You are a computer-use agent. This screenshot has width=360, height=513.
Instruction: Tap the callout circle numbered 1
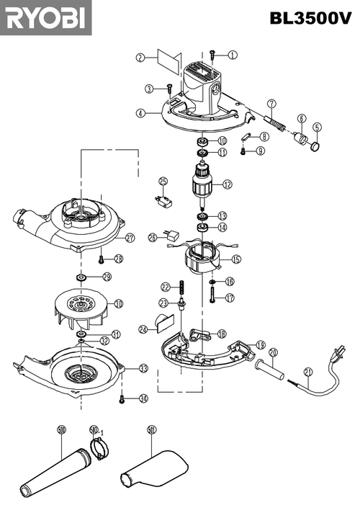pos(233,55)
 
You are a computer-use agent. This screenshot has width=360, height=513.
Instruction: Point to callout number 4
pos(141,113)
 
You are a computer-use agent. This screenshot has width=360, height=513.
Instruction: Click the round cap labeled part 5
pos(315,147)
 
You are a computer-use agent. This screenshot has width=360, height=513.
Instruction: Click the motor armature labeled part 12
pos(202,184)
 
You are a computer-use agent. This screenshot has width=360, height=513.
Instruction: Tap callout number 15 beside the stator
pos(235,259)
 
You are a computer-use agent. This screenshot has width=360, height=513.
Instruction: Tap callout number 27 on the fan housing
pos(130,238)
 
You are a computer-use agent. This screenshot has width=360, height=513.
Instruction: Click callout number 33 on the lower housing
pos(143,368)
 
